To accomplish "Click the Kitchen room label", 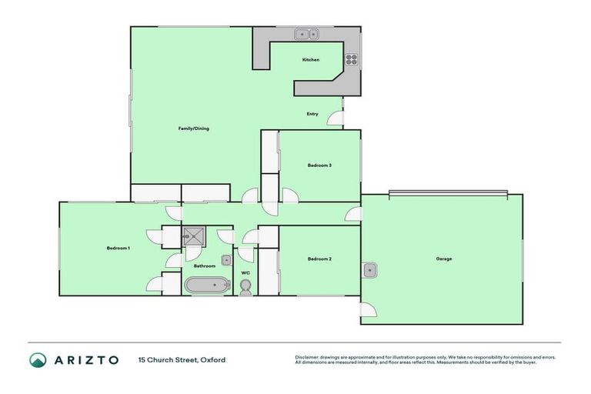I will (310, 60).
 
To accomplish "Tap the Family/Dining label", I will (194, 129).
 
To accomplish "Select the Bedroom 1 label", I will (118, 248).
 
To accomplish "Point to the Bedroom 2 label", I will (319, 259).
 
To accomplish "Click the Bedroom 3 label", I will (319, 165).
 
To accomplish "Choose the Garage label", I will (443, 259).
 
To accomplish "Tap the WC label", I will (245, 272).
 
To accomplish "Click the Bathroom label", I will (205, 266).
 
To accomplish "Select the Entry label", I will (312, 114).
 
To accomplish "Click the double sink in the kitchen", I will (307, 35).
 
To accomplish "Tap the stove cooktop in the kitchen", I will (351, 58).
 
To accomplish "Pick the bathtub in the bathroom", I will (207, 285).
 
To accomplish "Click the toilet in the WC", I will (245, 288).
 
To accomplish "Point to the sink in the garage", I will (370, 270).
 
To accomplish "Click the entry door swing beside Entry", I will (336, 119).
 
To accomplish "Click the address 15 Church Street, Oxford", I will (182, 360).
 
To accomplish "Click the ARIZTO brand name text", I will (85, 360).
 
